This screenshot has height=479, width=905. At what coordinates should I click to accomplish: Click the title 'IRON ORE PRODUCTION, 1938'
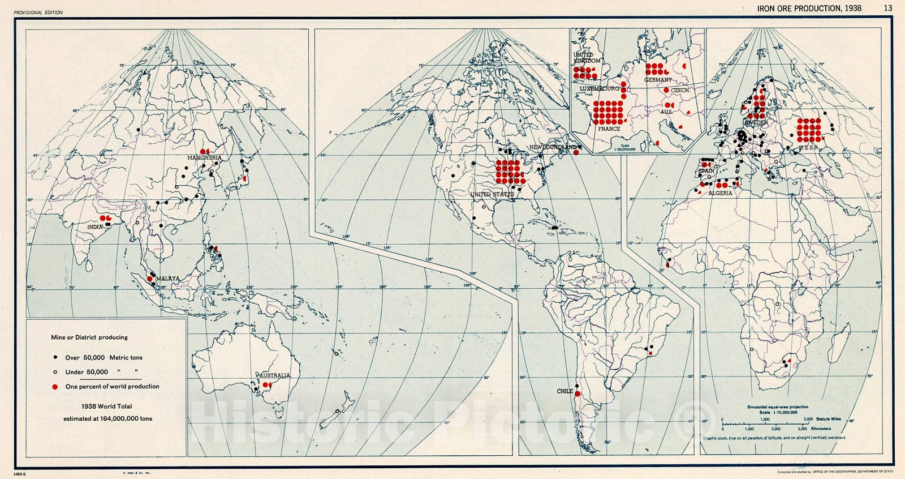coord(809,8)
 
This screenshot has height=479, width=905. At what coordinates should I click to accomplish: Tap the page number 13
coord(888,8)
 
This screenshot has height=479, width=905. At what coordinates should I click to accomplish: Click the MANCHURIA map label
coord(205,158)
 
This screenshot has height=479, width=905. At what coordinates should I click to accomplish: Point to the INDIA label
coord(95,227)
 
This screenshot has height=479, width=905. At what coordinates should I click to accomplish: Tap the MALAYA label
coord(168,279)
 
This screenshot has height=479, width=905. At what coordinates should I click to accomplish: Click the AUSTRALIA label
coord(275,375)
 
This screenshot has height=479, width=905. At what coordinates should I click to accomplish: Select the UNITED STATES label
coord(493,194)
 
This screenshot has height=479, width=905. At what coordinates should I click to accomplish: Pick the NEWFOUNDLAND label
coord(553,147)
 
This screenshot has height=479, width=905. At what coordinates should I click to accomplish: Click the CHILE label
coord(564,391)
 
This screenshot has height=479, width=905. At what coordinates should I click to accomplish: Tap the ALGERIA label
coord(720,193)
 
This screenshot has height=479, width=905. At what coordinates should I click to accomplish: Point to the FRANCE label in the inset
coord(609,129)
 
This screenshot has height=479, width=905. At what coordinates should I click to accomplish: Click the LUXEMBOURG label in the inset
coord(599,89)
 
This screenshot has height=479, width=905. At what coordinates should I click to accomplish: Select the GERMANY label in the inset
coord(658,80)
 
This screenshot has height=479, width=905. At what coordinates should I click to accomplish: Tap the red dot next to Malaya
coord(150,279)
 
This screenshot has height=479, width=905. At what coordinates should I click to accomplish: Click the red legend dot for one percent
coord(55,387)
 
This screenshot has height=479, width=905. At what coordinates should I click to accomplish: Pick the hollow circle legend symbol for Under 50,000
coord(55,372)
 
